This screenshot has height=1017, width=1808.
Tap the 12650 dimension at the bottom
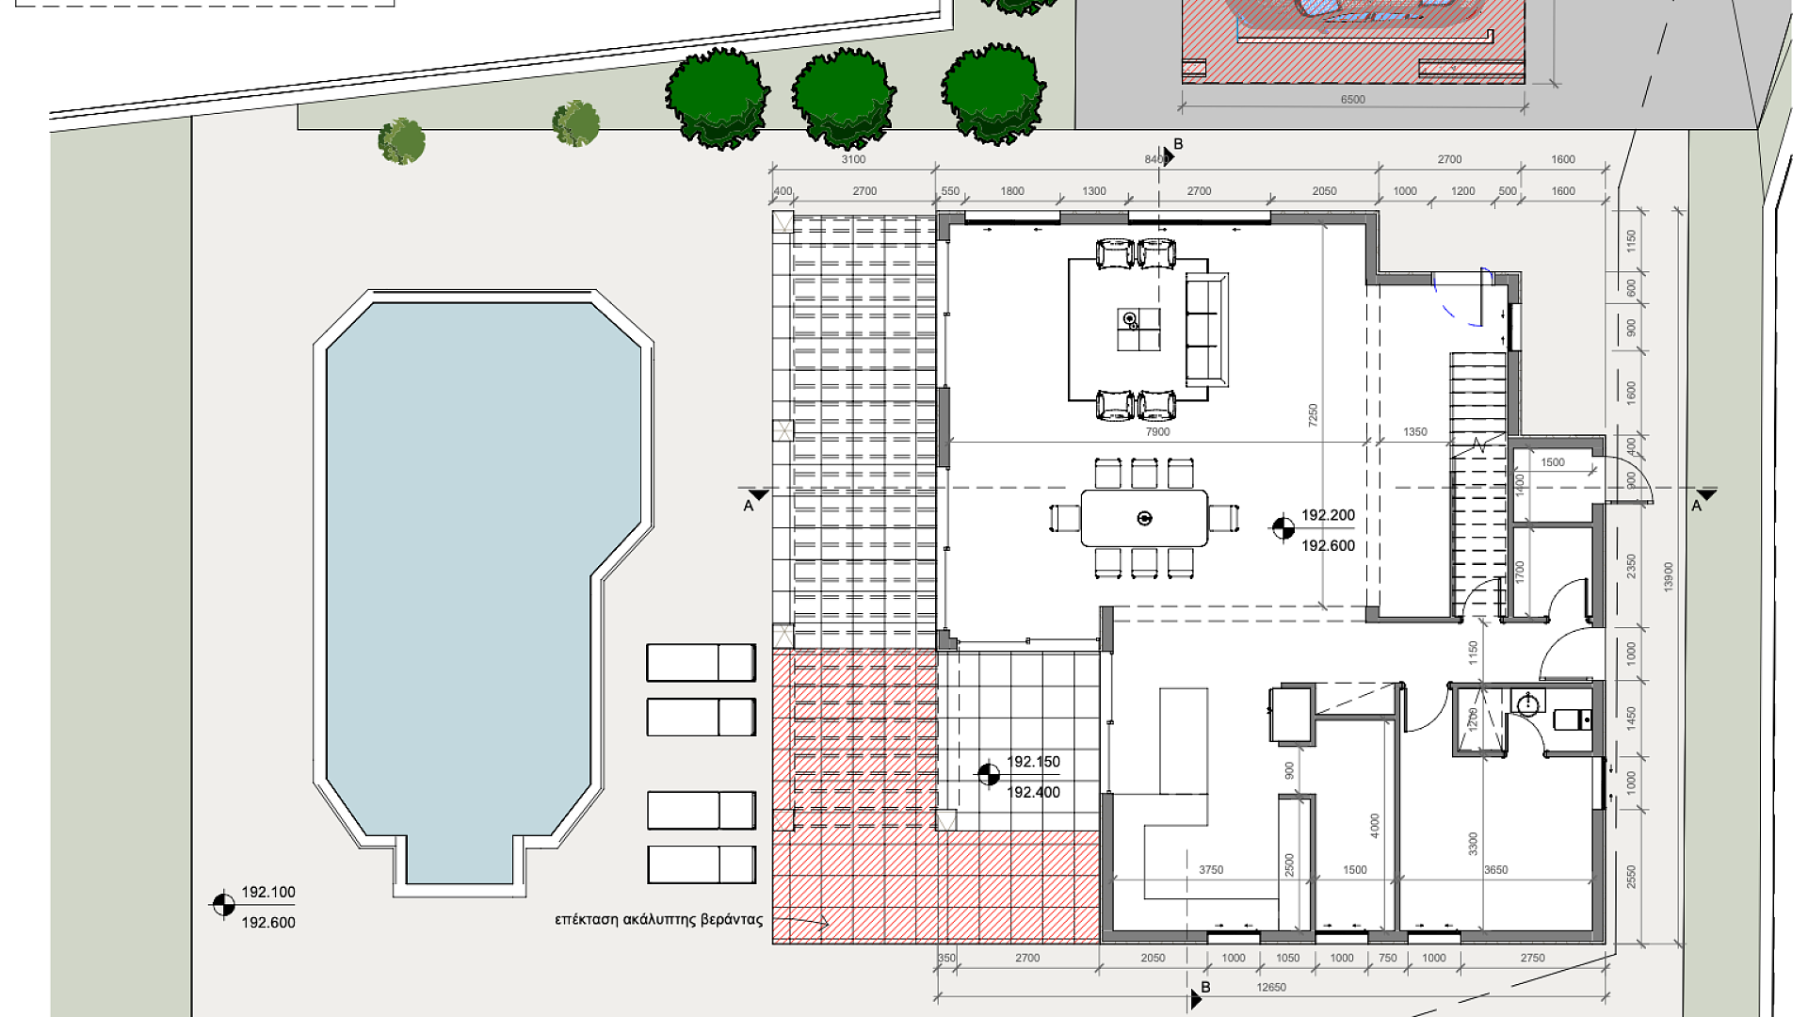pyautogui.click(x=1271, y=987)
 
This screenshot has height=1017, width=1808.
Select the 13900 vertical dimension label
pyautogui.click(x=1668, y=576)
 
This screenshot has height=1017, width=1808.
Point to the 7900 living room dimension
pyautogui.click(x=1157, y=431)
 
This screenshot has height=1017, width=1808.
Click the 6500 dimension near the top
pyautogui.click(x=1352, y=99)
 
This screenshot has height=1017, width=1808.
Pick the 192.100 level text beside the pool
pyautogui.click(x=268, y=892)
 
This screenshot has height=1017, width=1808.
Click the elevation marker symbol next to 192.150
pyautogui.click(x=988, y=775)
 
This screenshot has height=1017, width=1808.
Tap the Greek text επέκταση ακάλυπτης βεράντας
pyautogui.click(x=658, y=920)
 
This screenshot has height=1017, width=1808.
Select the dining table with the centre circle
pyautogui.click(x=1144, y=518)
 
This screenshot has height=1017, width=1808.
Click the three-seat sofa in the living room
pyautogui.click(x=1206, y=330)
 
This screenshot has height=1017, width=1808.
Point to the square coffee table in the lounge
pyautogui.click(x=1138, y=330)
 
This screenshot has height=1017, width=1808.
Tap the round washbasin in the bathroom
pyautogui.click(x=1527, y=703)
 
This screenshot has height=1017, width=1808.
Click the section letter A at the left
pyautogui.click(x=749, y=506)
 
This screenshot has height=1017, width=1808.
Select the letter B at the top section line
pyautogui.click(x=1178, y=144)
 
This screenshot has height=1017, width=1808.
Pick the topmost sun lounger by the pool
pyautogui.click(x=701, y=663)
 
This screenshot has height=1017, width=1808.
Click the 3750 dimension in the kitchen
pyautogui.click(x=1211, y=869)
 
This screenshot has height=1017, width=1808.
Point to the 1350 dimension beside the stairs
pyautogui.click(x=1415, y=431)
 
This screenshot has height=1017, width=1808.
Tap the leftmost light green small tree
pyautogui.click(x=402, y=141)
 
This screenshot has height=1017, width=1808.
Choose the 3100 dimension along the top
pyautogui.click(x=853, y=159)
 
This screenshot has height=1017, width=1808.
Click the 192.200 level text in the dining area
pyautogui.click(x=1328, y=515)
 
